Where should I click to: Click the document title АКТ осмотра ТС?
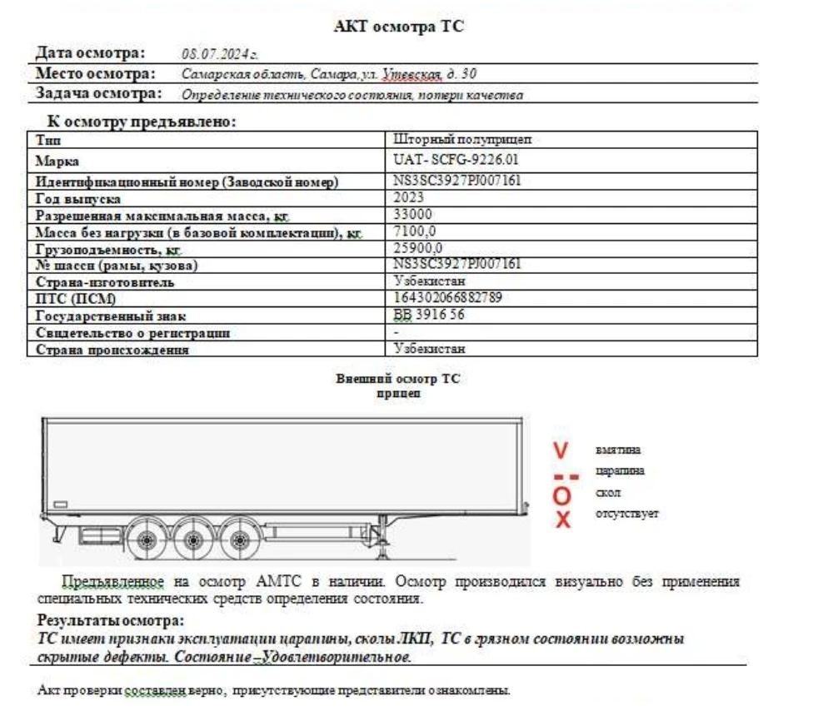399,27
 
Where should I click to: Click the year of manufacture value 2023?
408,198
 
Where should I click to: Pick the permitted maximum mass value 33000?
411,215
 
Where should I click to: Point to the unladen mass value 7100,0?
415,231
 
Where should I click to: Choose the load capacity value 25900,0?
418,248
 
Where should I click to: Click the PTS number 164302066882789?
447,298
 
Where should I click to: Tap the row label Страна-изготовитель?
105,282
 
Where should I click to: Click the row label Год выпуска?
78,199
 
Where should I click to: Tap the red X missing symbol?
563,520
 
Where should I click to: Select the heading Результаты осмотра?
111,621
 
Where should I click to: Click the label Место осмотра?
96,73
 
